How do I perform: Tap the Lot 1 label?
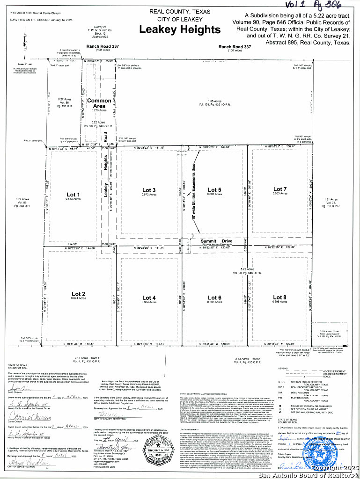pos(73,195)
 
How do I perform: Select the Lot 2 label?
pos(78,294)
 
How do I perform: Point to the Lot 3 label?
pos(149,190)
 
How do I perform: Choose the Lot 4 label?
pos(149,298)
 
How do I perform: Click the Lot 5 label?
pos(214,190)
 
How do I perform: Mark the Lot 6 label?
pos(214,298)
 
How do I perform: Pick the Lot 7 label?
pos(280,189)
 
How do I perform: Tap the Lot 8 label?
pos(279,297)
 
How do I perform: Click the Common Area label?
pos(99,103)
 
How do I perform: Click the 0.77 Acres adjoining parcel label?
pos(23,202)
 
